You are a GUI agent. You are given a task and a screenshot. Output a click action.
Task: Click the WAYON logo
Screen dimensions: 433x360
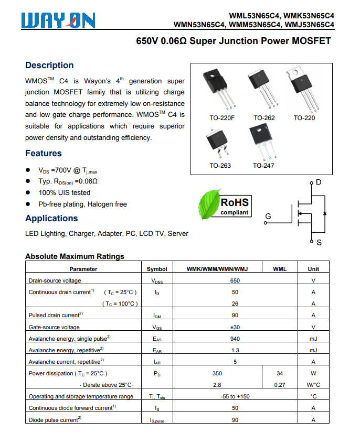coord(58,20)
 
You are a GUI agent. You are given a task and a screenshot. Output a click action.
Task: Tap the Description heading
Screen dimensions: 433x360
coord(49,65)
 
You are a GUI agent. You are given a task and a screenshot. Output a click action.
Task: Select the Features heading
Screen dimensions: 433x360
coord(44,153)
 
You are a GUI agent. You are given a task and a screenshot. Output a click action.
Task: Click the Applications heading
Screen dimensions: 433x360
coord(51,218)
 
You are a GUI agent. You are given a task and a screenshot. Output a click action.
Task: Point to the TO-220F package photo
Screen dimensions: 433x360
coord(217,89)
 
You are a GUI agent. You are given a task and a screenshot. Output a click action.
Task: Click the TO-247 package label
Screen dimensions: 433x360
coord(263,165)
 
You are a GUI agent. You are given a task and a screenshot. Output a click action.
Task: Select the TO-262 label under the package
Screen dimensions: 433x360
coord(264,118)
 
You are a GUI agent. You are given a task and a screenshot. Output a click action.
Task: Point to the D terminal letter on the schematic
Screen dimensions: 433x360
coord(319,182)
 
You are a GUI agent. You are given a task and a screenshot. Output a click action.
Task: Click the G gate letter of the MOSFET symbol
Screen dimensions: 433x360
coord(268,216)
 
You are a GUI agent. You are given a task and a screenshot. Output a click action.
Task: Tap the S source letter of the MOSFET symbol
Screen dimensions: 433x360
coord(319,243)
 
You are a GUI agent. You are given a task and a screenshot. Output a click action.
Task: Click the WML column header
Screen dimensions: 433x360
coord(280,269)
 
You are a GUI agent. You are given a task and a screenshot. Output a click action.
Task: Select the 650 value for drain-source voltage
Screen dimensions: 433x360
coord(235,280)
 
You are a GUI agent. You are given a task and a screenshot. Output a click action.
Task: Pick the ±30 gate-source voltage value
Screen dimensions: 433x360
coord(235,327)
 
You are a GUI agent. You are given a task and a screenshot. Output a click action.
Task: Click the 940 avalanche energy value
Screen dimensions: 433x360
coord(235,339)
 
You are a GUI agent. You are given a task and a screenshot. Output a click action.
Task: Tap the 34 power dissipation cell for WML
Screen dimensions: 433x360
coord(280,373)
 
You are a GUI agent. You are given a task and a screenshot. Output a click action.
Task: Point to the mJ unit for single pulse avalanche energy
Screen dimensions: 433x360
coord(313,339)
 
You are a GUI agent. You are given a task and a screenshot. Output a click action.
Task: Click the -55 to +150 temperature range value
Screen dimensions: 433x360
coord(235,396)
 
